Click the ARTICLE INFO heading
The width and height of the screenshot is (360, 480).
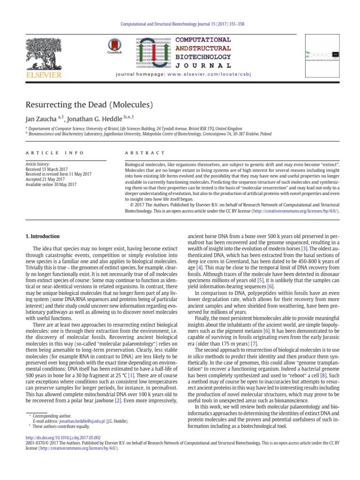(x=55, y=153)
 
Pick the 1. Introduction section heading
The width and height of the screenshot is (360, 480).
(x=43, y=236)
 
